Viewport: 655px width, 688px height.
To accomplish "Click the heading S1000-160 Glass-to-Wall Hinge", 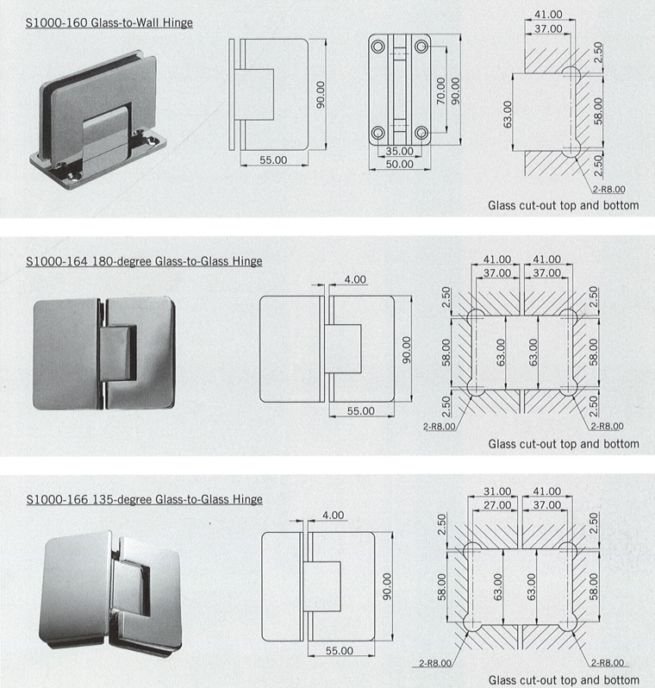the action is [109, 22].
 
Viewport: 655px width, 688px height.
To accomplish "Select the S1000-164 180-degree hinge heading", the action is [144, 261].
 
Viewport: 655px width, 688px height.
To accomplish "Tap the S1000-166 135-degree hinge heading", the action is [144, 500].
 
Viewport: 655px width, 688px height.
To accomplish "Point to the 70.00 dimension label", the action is [441, 91].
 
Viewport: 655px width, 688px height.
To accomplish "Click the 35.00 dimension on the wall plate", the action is [399, 152].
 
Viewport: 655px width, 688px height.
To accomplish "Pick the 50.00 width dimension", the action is [399, 165].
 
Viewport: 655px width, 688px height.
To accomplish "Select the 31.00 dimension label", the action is [497, 491].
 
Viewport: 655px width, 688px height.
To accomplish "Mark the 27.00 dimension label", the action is [497, 505].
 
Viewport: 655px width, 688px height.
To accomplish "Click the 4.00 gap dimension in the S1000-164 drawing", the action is [355, 279].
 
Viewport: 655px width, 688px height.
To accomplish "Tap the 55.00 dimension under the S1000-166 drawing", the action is [339, 651].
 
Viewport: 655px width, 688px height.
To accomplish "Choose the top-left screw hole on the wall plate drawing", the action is [377, 46].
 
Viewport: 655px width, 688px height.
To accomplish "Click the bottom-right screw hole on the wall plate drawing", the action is [421, 132].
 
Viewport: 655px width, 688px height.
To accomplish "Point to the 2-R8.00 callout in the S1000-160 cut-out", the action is [609, 190].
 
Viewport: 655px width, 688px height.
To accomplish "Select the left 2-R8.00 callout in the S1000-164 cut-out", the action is [440, 427].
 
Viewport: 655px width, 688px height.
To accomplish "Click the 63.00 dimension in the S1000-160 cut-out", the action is [508, 114].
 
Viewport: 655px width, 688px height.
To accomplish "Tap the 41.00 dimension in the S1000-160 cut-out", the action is [548, 15].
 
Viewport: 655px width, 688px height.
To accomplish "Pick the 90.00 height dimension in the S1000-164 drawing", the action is [407, 350].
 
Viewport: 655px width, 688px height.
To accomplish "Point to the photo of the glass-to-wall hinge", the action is [99, 118].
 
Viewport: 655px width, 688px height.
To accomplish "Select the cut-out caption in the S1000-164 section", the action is [564, 444].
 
